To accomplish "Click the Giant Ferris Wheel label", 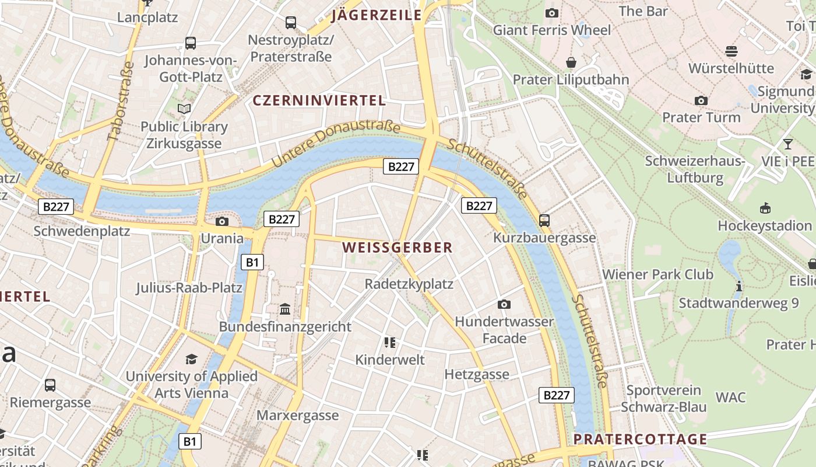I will (551, 30).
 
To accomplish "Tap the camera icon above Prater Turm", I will (701, 100).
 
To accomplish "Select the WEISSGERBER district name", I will (397, 248).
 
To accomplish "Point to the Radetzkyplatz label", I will (409, 284).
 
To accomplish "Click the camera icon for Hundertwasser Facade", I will (504, 304).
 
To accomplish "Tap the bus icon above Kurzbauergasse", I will (544, 220).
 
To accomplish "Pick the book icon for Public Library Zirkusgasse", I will (184, 109).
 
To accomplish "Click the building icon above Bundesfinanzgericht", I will (285, 309).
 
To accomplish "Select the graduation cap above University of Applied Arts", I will (191, 359).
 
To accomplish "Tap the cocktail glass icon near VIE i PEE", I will (788, 144).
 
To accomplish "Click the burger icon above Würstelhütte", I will (731, 51).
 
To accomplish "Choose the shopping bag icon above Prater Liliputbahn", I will (571, 62).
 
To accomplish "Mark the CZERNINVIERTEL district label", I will (319, 100).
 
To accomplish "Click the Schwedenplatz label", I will (82, 231).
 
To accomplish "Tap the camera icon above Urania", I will (221, 221).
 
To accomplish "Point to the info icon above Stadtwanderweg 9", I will (738, 286).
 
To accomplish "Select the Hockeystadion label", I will (764, 225).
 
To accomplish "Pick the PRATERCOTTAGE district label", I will (640, 439).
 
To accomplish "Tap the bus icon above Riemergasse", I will (50, 385).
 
